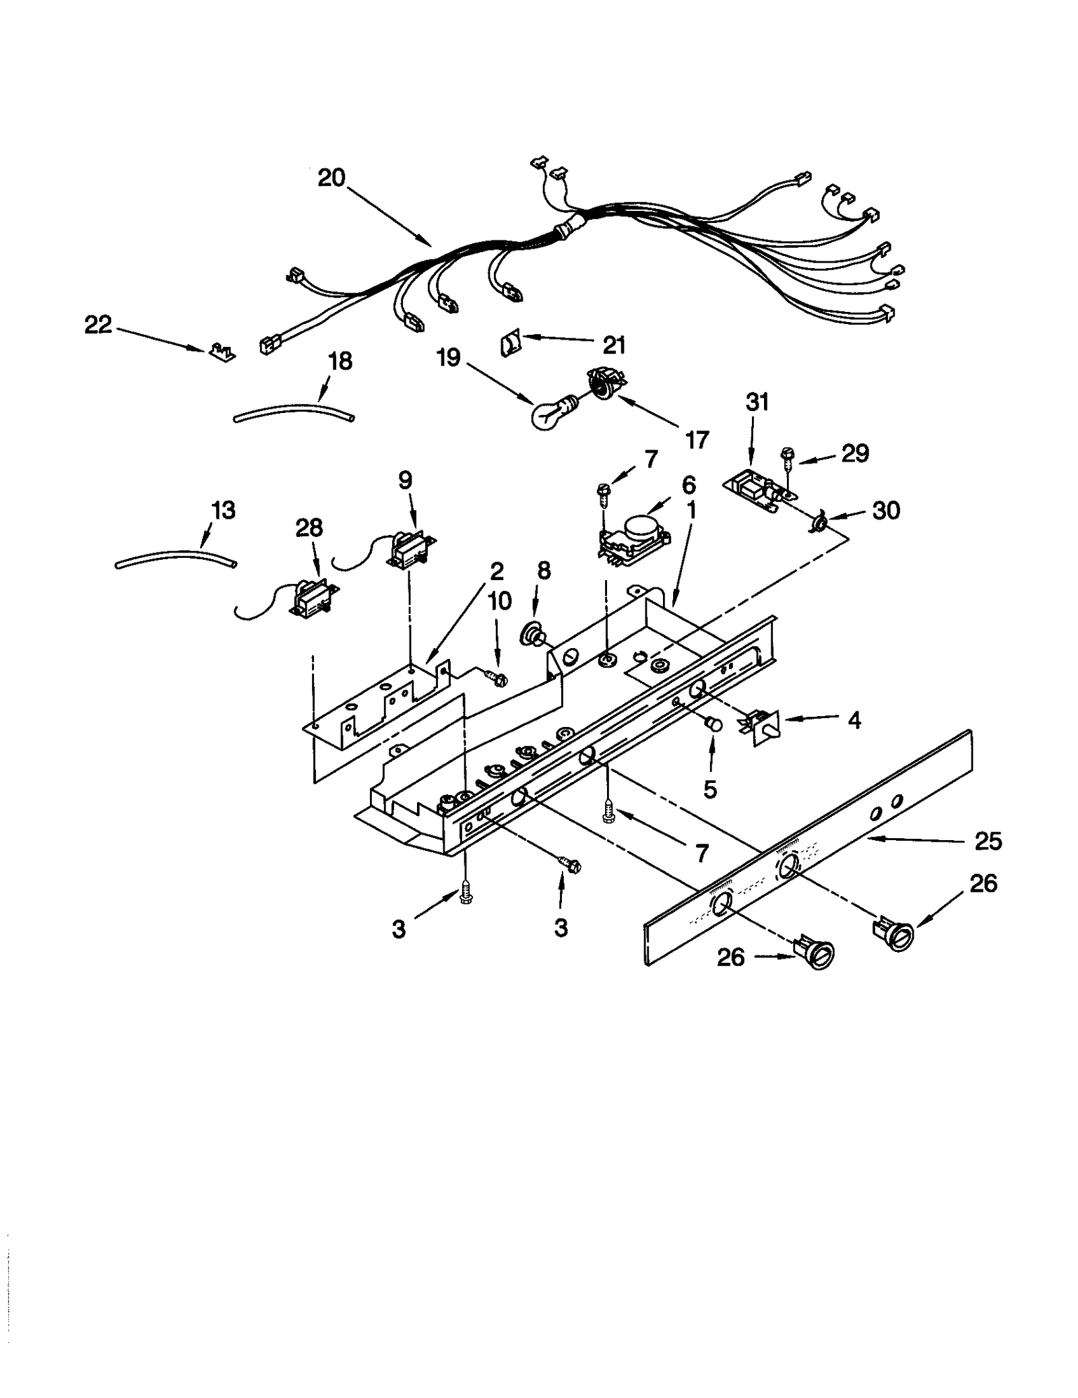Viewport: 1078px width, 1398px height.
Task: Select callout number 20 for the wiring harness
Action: click(x=331, y=178)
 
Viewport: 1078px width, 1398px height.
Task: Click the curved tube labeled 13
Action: click(x=175, y=557)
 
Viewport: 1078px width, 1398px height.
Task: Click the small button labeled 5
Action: click(x=711, y=726)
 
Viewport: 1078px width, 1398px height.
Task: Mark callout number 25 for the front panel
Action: click(x=988, y=841)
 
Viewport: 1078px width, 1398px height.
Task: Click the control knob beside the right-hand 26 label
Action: click(x=895, y=935)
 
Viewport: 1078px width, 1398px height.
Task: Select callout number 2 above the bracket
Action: click(x=497, y=571)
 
